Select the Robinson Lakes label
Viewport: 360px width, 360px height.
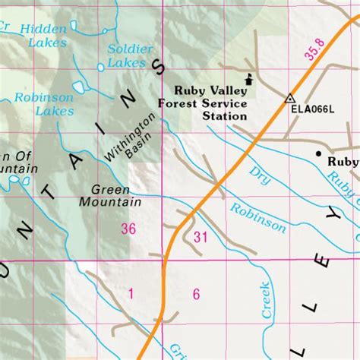(x=44, y=104)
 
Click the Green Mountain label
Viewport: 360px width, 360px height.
(x=110, y=196)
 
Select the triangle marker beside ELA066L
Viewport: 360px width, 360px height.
(x=289, y=98)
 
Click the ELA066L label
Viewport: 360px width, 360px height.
(x=312, y=109)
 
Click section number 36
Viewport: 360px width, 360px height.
(x=128, y=229)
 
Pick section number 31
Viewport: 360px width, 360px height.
(x=201, y=238)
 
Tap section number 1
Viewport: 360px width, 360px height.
(x=131, y=294)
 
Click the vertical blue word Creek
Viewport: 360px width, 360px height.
(x=267, y=299)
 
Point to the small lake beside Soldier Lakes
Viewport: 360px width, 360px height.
(x=100, y=67)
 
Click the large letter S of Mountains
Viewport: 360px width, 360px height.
(x=159, y=68)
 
